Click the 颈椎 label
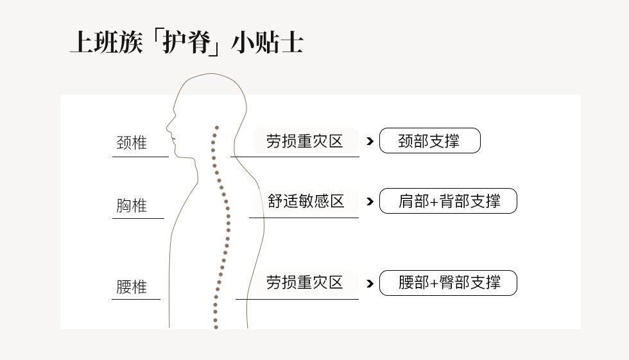tap(132, 142)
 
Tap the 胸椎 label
tap(132, 205)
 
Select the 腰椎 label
tap(132, 287)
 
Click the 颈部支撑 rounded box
tap(429, 141)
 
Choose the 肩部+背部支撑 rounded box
tap(448, 201)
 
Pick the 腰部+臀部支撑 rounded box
tap(448, 283)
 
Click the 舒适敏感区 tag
tap(306, 201)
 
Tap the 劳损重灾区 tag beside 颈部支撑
tap(305, 141)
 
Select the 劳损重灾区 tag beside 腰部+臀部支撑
tap(305, 282)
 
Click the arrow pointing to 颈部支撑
tap(370, 141)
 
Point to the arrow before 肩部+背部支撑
tap(370, 201)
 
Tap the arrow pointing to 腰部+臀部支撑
tap(370, 284)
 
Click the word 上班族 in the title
tap(107, 42)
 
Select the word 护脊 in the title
tap(187, 42)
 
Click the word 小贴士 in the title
tap(267, 42)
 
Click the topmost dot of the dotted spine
tap(217, 128)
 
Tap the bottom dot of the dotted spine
tap(216, 327)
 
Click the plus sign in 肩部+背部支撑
tap(434, 201)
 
